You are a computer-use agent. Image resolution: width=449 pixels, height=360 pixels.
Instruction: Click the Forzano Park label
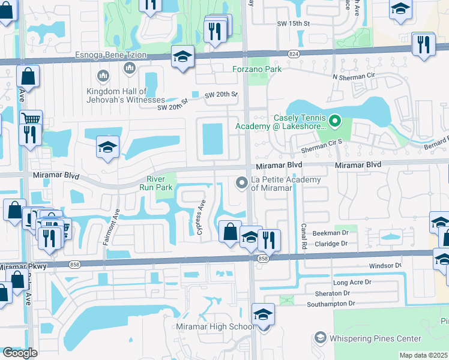click(257, 69)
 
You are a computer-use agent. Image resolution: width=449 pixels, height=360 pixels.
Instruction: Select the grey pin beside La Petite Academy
click(242, 182)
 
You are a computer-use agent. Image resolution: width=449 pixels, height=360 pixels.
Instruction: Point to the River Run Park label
click(160, 183)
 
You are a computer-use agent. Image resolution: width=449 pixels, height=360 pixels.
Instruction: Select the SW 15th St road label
click(292, 23)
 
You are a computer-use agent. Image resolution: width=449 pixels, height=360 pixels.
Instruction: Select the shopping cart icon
click(31, 118)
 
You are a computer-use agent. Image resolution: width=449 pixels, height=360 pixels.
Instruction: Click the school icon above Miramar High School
click(262, 314)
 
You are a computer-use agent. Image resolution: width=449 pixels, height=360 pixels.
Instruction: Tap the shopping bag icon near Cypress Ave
click(230, 231)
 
